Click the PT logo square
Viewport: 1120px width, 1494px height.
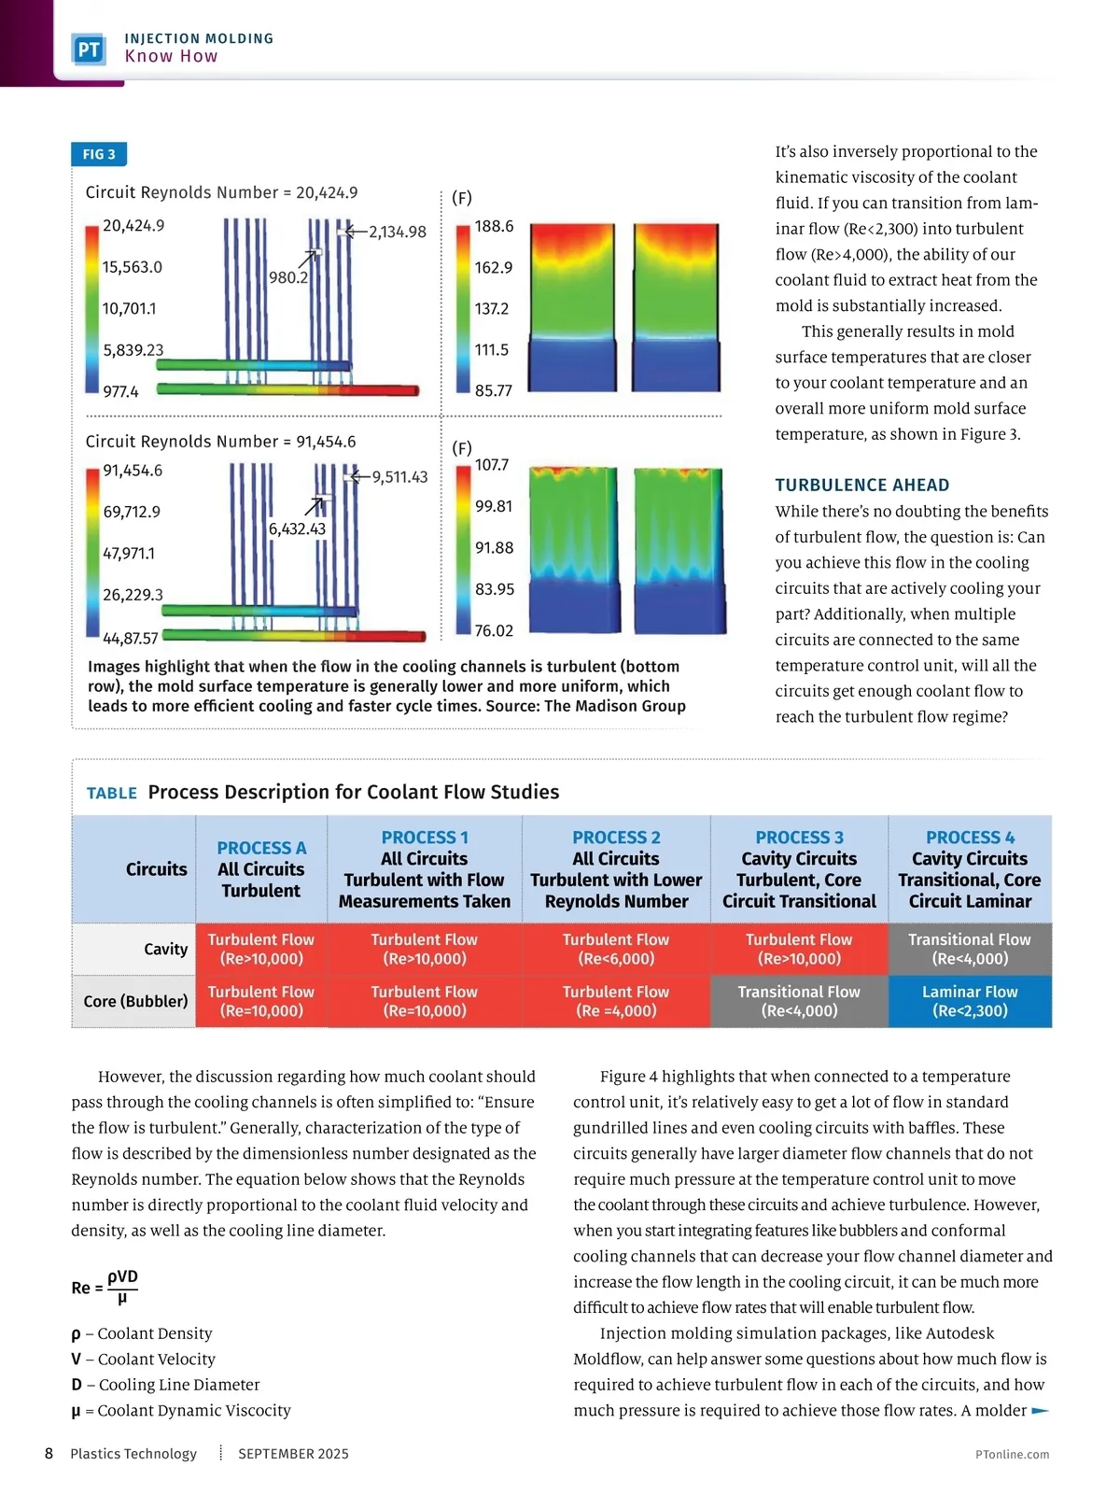click(89, 49)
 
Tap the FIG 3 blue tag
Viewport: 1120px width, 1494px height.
click(99, 154)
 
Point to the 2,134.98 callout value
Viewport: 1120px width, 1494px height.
click(397, 232)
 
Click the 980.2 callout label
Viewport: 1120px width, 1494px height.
click(287, 277)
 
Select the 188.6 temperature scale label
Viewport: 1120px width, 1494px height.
click(494, 226)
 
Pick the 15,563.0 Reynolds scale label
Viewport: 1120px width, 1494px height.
click(132, 267)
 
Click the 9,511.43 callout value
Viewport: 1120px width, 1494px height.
click(399, 477)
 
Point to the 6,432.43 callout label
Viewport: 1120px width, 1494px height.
click(297, 529)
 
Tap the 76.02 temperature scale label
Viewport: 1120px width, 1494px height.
click(494, 631)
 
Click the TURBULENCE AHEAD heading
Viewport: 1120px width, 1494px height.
click(861, 485)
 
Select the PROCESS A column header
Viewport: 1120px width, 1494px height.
click(261, 868)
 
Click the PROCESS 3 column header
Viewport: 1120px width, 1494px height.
click(799, 868)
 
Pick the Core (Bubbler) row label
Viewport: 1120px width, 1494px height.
click(135, 1001)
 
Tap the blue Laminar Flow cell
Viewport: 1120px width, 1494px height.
click(970, 1001)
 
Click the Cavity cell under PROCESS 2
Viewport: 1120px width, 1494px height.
click(616, 949)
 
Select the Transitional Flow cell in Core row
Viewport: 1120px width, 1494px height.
click(799, 1001)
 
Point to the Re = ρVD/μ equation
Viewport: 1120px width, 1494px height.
click(105, 1287)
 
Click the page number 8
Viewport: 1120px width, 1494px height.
click(49, 1453)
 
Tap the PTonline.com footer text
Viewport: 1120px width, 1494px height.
click(1012, 1454)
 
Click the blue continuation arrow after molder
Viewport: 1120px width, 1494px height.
click(1041, 1411)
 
